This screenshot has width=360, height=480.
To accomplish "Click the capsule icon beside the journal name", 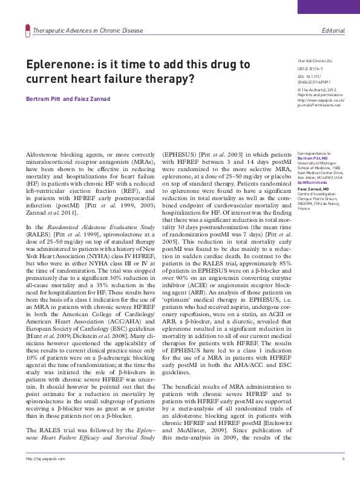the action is tap(26, 30).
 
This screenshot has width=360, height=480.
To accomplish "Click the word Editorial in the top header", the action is tap(333, 30).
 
